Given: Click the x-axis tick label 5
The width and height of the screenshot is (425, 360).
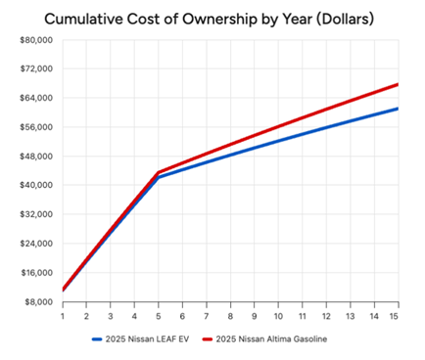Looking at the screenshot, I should click(x=159, y=316).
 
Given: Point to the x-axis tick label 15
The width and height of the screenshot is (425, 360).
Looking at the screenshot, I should click(x=398, y=316).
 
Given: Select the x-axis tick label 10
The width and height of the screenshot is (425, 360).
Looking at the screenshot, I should click(x=278, y=316).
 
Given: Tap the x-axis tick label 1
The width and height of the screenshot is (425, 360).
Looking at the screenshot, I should click(x=63, y=316).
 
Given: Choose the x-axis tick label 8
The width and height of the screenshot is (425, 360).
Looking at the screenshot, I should click(x=230, y=316).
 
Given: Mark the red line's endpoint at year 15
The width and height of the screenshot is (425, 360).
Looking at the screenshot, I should click(x=398, y=84).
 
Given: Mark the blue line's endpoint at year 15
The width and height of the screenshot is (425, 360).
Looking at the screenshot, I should click(x=398, y=109).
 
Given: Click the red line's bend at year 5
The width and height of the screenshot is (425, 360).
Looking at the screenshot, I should click(x=159, y=172).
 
